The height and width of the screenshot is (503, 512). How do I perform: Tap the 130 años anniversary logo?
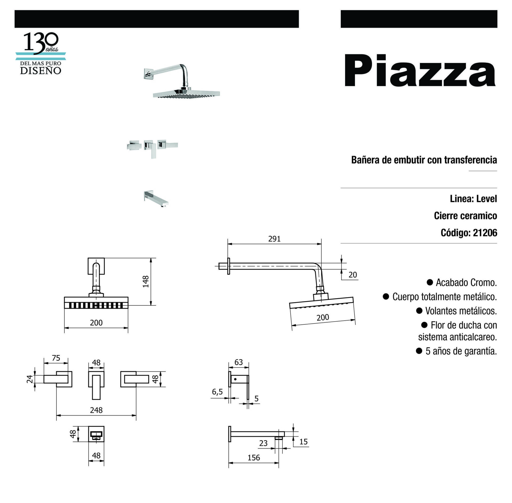tap(41, 53)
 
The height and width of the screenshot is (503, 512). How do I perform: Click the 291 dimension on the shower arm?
tap(274, 239)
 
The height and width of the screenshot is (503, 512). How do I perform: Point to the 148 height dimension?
tap(146, 282)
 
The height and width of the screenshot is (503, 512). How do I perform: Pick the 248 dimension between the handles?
tap(96, 410)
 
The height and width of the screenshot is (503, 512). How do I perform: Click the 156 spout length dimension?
tap(254, 458)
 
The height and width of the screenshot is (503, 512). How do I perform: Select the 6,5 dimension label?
tap(217, 392)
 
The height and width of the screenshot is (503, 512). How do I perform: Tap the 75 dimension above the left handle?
tap(56, 358)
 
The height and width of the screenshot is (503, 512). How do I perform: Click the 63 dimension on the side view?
tap(239, 362)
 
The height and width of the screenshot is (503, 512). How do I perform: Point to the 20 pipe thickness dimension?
tap(353, 275)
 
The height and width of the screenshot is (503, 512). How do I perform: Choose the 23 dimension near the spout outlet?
tap(263, 443)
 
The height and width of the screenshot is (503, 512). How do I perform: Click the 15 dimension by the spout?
tap(303, 442)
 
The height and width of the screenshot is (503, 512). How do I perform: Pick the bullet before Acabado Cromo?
tap(430, 282)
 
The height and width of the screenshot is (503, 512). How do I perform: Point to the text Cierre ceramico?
tap(466, 216)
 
